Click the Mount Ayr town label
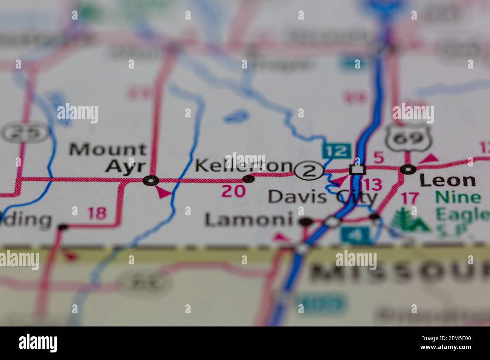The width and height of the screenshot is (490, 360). click(x=108, y=157)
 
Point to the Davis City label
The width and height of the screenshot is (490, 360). click(x=322, y=196)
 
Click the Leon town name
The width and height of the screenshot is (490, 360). click(x=447, y=181)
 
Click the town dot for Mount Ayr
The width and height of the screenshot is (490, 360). click(x=151, y=181)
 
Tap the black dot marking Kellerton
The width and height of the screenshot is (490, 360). click(x=248, y=179)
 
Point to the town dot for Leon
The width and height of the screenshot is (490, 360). click(x=408, y=169)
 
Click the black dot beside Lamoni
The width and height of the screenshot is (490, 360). click(x=306, y=222)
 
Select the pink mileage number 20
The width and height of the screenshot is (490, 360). click(x=233, y=191)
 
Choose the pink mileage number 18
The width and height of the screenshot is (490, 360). click(x=97, y=214)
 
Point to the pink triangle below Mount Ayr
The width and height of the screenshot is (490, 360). click(x=163, y=192)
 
